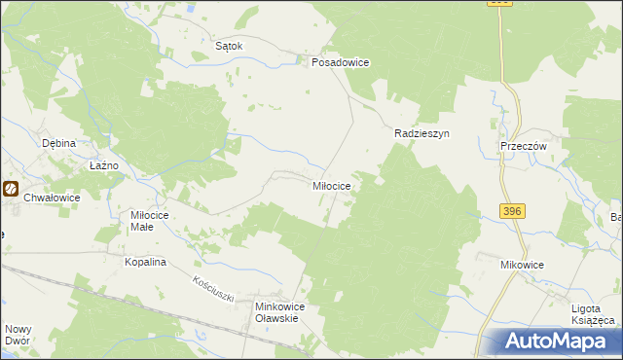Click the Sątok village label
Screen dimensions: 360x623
pos(228,45)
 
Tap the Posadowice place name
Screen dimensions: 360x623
pos(340,61)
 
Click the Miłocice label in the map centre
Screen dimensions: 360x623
pos(338,184)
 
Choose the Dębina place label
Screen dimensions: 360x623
pos(59,142)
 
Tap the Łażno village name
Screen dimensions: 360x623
pos(103,165)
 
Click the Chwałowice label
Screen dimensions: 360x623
pos(53,197)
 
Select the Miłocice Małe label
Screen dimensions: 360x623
pos(150,220)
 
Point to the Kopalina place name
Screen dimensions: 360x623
pos(147,263)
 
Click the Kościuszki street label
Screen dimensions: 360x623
pos(213,289)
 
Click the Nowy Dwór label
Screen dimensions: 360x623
pos(18,335)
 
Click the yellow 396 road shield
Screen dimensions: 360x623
pos(514,211)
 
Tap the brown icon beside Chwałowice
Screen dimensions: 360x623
pos(11,190)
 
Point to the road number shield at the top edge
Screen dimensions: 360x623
pos(498,3)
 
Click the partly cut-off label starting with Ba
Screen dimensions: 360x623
pos(615,216)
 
